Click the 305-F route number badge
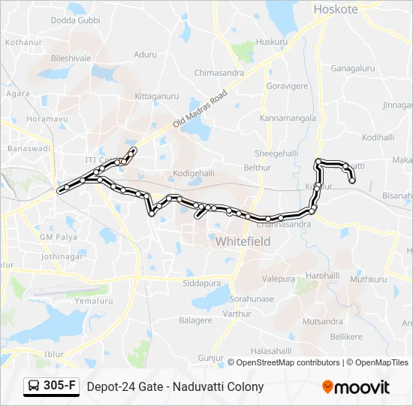(x=52, y=386)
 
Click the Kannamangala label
(x=285, y=119)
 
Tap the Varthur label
(x=237, y=313)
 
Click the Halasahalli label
(x=270, y=350)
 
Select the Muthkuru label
(x=368, y=279)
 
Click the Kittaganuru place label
(x=156, y=96)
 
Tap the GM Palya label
(x=59, y=237)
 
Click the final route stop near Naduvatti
(x=351, y=180)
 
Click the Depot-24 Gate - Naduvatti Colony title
(x=175, y=386)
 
